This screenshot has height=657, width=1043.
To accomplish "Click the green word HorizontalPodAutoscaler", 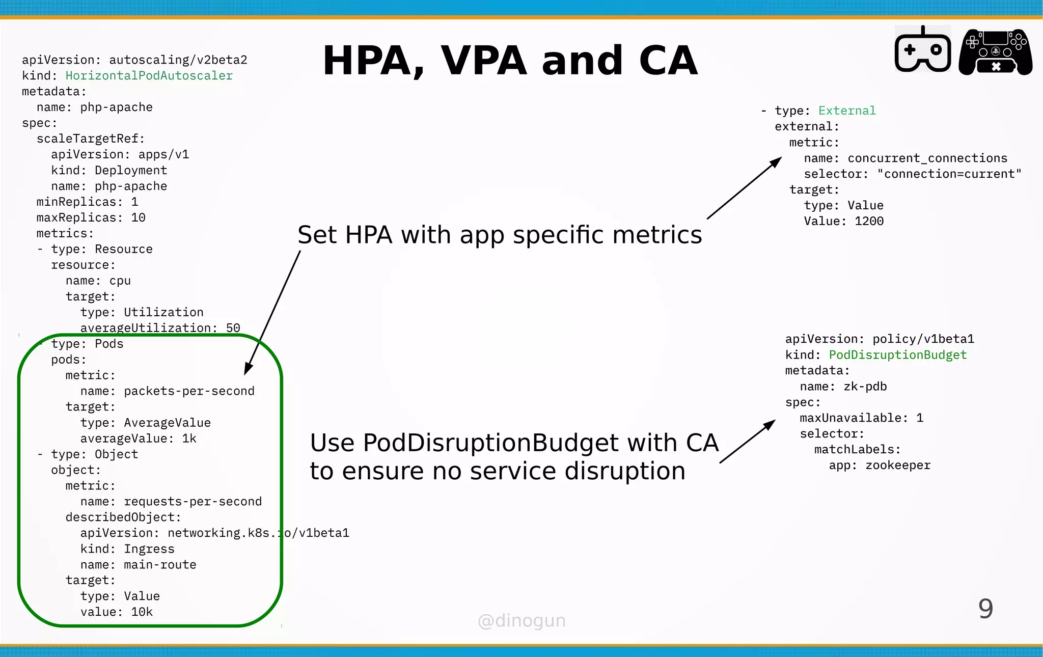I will [x=149, y=76].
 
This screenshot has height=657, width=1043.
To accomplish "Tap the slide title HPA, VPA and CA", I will [x=510, y=61].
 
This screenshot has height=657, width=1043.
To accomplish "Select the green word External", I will [x=847, y=111].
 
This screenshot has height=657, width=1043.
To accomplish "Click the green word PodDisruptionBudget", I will [x=897, y=355].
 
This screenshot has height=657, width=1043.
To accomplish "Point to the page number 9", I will [x=985, y=609].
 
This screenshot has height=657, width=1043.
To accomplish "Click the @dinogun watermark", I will [x=521, y=621].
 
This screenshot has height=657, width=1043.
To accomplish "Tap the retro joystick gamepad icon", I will [x=922, y=50].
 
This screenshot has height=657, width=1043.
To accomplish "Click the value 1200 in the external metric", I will [x=869, y=222].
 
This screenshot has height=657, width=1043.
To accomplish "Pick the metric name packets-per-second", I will [x=189, y=391].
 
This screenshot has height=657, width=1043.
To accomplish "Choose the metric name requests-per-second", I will [x=193, y=502].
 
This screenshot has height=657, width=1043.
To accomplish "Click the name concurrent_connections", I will [x=927, y=158].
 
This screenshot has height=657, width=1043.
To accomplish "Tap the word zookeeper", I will [x=897, y=466].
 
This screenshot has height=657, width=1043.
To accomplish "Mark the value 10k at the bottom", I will [x=142, y=612].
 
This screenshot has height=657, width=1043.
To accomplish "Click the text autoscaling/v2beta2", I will [x=178, y=60].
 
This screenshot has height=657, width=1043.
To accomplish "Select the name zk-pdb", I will [x=865, y=387].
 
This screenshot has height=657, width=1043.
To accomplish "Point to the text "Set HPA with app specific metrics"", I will [x=500, y=235].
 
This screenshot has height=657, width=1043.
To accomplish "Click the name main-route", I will [x=160, y=565].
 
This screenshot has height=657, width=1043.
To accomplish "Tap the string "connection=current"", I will [x=949, y=174].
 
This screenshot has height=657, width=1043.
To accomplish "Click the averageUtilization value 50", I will [x=233, y=328].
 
